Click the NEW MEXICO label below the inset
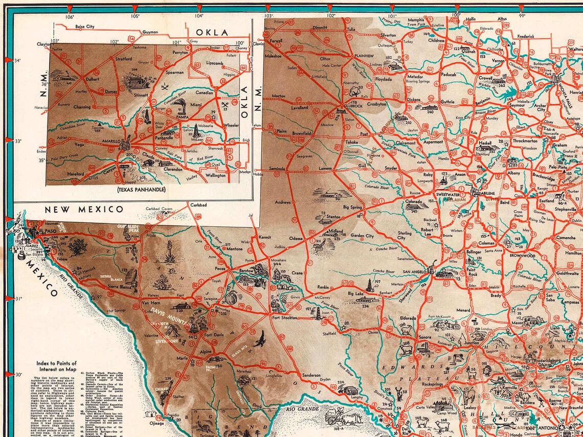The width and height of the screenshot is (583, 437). click(x=84, y=209)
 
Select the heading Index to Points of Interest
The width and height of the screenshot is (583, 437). click(x=56, y=366)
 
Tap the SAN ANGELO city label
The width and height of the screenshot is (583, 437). click(x=417, y=272)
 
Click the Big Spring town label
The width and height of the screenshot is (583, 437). click(x=352, y=207)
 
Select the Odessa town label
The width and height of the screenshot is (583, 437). click(x=296, y=238)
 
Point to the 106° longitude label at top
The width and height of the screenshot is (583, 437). click(x=70, y=16)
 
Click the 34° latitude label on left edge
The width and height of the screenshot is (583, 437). click(x=17, y=60)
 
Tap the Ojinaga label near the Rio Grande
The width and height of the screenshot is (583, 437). click(x=156, y=423)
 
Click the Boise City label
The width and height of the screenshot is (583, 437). click(x=85, y=26)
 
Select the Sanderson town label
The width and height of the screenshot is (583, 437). click(x=311, y=375)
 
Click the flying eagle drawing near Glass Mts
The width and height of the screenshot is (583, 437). click(x=260, y=338)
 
